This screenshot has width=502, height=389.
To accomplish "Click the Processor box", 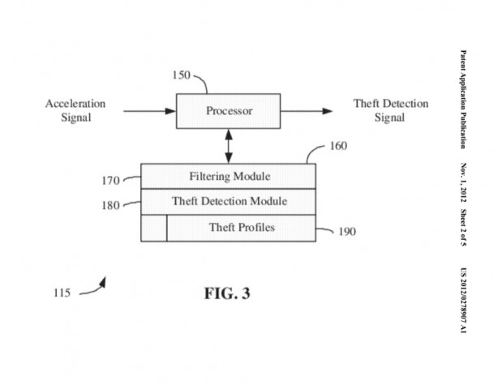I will (229, 111).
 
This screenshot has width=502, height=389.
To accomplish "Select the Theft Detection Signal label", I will (390, 110).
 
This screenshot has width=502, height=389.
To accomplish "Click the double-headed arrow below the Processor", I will (229, 146).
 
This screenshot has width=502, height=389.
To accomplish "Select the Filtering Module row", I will (229, 176).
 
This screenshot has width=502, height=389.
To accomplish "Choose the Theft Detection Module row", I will (229, 201).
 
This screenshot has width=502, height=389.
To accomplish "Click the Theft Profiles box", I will (242, 227).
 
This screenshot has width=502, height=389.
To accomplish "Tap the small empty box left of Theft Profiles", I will (154, 228).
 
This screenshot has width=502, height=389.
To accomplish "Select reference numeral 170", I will (109, 180).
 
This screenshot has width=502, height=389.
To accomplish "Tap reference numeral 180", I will (109, 205).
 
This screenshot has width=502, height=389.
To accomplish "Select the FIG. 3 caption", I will (226, 293).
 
